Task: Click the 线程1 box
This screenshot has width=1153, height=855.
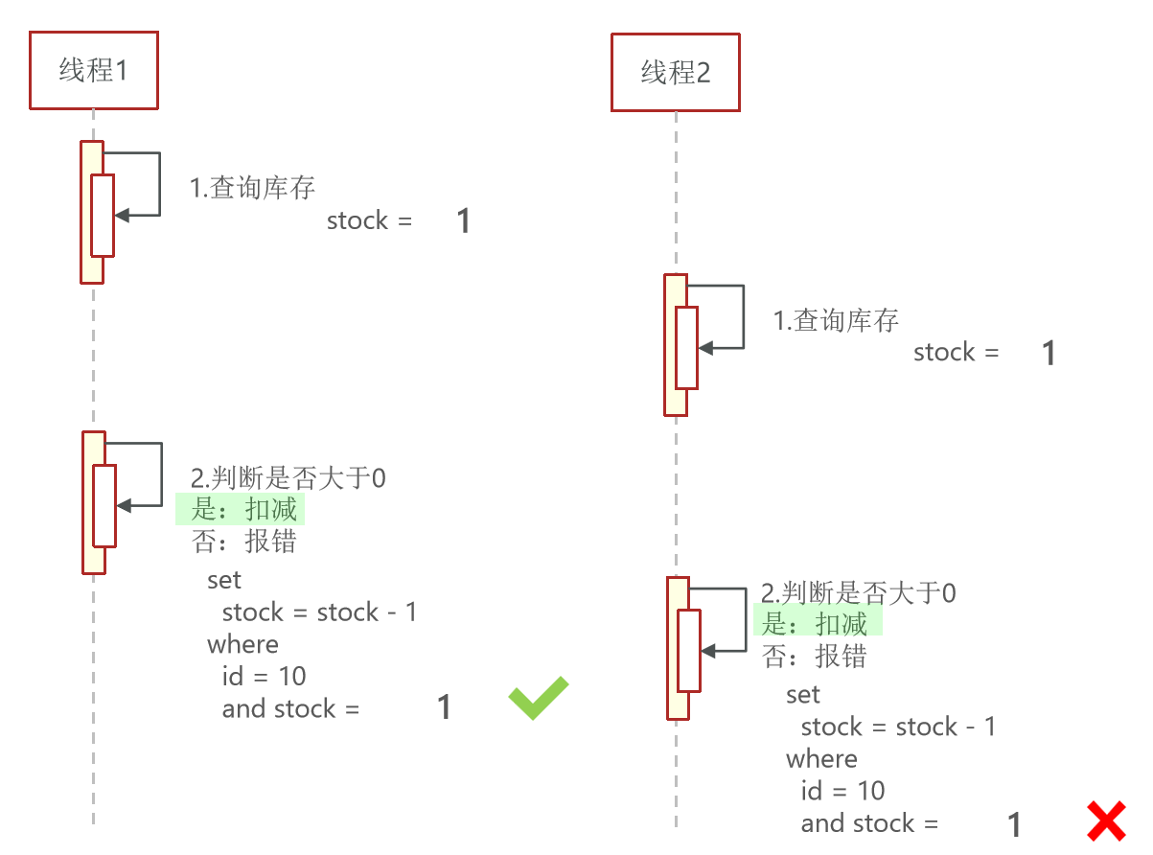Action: (93, 70)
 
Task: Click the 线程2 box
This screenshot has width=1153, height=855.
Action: (676, 72)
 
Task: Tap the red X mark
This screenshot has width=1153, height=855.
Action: (1106, 822)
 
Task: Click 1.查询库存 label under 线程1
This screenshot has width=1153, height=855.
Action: (252, 188)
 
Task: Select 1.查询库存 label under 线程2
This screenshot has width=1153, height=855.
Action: (836, 320)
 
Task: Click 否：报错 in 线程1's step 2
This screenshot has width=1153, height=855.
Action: (244, 542)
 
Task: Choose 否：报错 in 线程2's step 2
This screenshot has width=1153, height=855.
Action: (815, 657)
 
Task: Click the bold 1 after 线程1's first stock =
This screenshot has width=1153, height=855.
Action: (463, 221)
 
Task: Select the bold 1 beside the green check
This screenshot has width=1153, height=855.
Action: (444, 708)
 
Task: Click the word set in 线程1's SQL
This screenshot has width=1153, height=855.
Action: (224, 580)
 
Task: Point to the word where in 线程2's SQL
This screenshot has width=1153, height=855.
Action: (821, 759)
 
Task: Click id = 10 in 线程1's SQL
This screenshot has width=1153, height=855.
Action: (264, 677)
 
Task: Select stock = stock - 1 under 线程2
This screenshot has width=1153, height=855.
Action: (898, 727)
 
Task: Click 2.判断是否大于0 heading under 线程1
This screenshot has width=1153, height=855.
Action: (288, 477)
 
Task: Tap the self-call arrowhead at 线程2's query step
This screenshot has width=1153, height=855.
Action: (706, 349)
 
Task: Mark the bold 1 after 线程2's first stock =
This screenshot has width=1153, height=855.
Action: (1049, 354)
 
